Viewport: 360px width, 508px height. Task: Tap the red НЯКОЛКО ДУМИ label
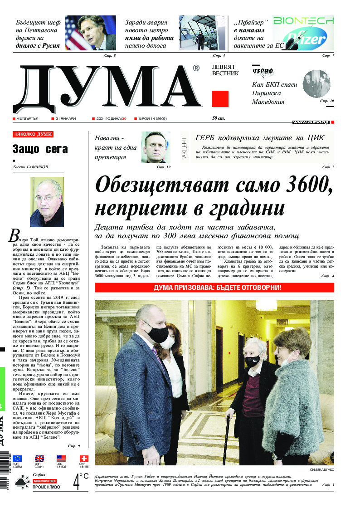click(x=33, y=135)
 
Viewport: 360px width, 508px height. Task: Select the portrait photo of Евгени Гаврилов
click(x=47, y=202)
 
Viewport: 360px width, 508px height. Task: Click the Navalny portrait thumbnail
click(x=156, y=147)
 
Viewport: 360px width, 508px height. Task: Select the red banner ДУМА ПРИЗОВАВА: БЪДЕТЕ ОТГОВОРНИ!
click(x=214, y=288)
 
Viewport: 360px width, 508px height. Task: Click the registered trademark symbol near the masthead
click(x=195, y=68)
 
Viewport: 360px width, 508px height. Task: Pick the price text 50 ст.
click(x=219, y=118)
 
